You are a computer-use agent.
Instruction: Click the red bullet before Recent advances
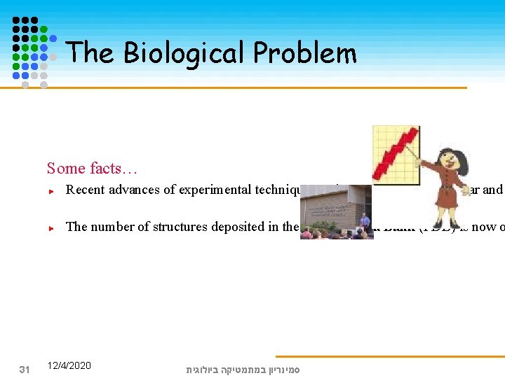(x=52, y=190)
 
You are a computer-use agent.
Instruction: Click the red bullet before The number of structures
(x=52, y=227)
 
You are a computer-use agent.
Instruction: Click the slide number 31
(x=25, y=369)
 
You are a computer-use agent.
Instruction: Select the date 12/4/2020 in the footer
(x=69, y=365)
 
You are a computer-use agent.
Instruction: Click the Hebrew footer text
(x=243, y=368)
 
